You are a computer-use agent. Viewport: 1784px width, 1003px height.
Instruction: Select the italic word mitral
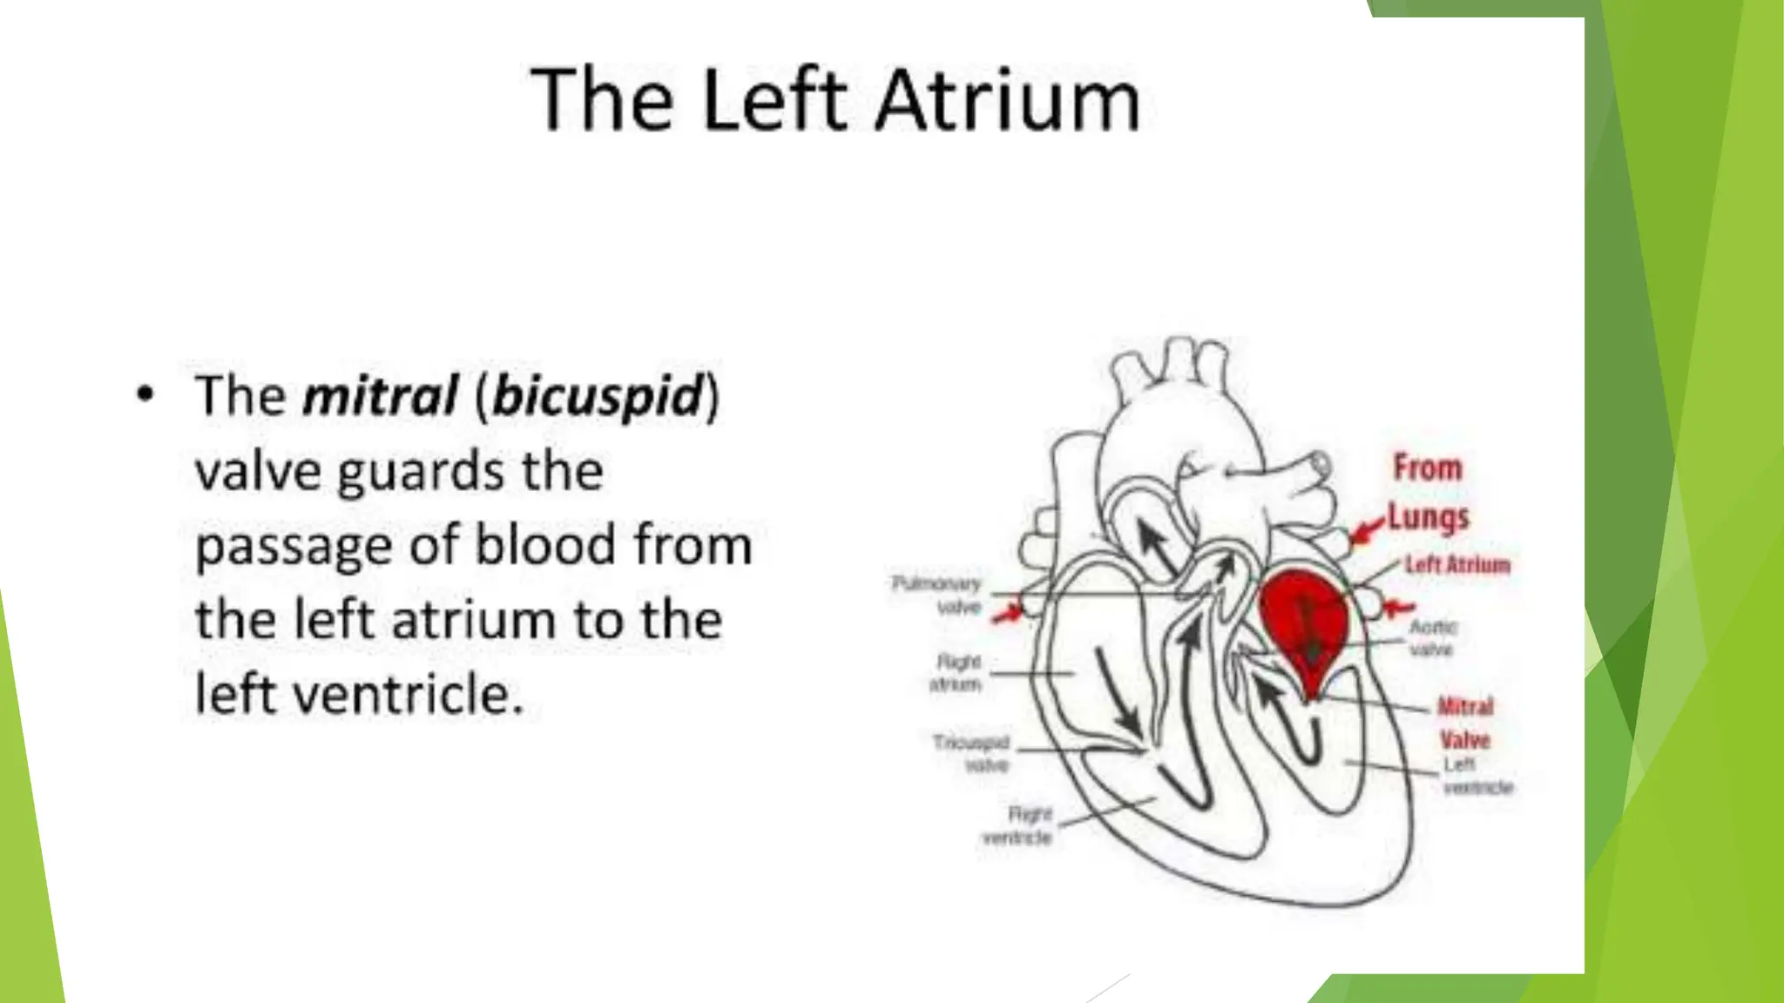[380, 396]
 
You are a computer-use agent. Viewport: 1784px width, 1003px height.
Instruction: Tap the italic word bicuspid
[598, 396]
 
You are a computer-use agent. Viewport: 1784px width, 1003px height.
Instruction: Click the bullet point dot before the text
[145, 394]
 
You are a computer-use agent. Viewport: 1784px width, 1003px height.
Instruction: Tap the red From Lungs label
[1428, 492]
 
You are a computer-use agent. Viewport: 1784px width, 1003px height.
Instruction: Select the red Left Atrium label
[1457, 564]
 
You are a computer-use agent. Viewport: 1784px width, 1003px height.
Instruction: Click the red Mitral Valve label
[1465, 723]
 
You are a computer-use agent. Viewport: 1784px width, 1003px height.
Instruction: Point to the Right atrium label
[956, 673]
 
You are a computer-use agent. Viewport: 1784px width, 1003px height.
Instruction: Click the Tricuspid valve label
[972, 753]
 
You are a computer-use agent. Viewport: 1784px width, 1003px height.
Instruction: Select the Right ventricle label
[1018, 825]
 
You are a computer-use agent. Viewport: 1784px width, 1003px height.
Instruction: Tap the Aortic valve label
[1432, 637]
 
